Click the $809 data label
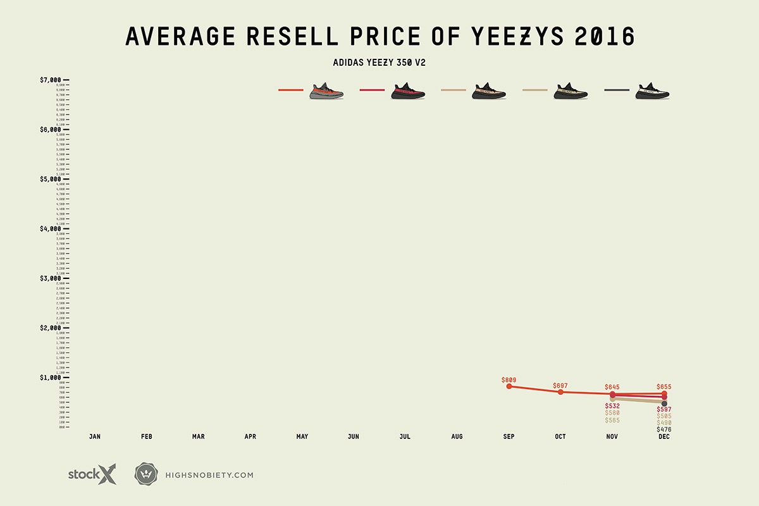click(x=509, y=380)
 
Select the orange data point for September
click(x=509, y=386)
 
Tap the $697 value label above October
click(x=560, y=386)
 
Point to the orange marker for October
click(x=560, y=392)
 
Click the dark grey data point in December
click(x=664, y=404)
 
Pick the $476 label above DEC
click(x=664, y=429)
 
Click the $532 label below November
click(x=612, y=405)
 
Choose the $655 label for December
click(x=664, y=386)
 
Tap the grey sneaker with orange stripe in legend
click(x=326, y=91)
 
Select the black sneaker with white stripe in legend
click(x=653, y=91)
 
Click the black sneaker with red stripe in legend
click(x=408, y=91)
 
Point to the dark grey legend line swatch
click(x=617, y=90)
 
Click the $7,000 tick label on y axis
click(x=51, y=80)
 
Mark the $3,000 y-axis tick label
click(x=51, y=278)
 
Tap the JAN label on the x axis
click(x=95, y=436)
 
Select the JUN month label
click(x=354, y=436)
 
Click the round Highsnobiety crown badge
click(x=144, y=474)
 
